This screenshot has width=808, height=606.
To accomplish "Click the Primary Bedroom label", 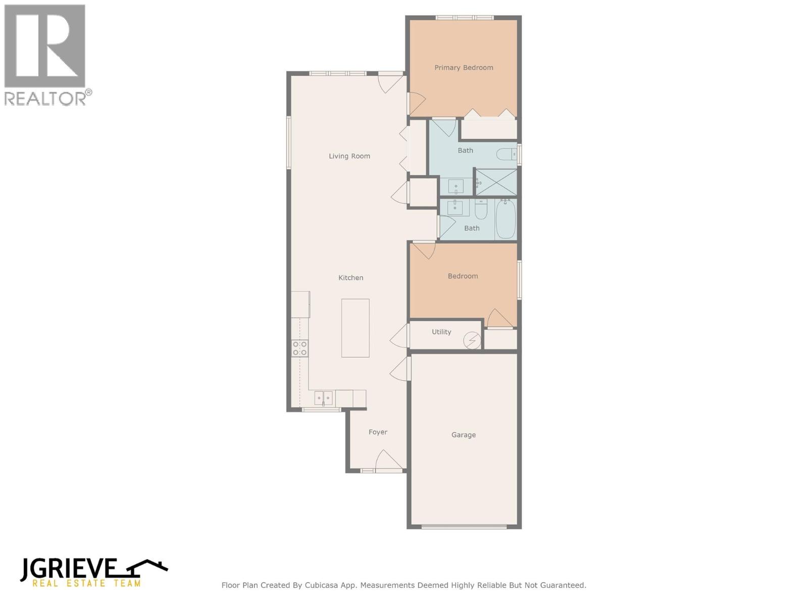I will click(x=464, y=68).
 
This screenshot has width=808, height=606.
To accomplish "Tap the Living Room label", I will click(x=349, y=156).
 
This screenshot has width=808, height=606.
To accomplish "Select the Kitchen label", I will click(x=350, y=278).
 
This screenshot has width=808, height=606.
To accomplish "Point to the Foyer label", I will click(x=378, y=432).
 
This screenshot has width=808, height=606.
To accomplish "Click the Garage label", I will click(x=463, y=435).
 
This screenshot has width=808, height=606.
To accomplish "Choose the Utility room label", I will click(x=441, y=332).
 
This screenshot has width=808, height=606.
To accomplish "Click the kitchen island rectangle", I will click(x=355, y=328).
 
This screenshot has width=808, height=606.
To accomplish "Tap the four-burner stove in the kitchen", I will click(x=300, y=348).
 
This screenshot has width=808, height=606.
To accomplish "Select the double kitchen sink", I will click(x=324, y=398).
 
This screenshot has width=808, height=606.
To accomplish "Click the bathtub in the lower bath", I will click(x=505, y=219).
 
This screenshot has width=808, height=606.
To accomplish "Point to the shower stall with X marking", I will click(x=497, y=182).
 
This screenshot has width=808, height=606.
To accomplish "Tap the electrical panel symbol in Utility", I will click(x=472, y=340).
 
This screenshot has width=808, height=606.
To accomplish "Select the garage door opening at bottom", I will click(x=464, y=527).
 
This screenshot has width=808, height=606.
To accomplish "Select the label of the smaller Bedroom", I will click(x=463, y=276).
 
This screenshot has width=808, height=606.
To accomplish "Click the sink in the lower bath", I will click(x=455, y=207).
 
